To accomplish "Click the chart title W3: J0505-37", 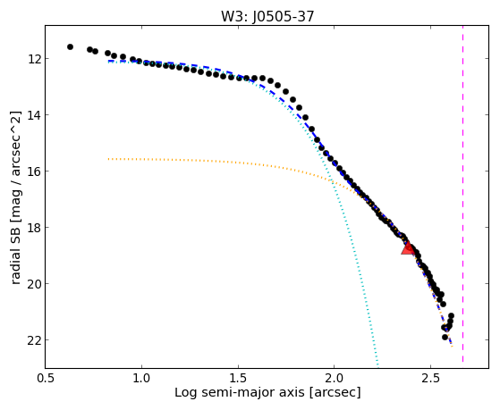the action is click(267, 16).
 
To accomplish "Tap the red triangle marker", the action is click(408, 248).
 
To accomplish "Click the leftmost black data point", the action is click(70, 46).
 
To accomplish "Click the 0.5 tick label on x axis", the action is click(46, 378).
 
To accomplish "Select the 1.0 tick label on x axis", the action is click(141, 378).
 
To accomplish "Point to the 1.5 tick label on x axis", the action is click(238, 378).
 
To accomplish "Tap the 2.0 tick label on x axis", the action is click(335, 378).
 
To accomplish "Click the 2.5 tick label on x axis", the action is click(430, 378).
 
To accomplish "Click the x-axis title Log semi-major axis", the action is click(240, 392).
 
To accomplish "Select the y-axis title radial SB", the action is click(16, 253).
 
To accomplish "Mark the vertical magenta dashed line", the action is click(462, 194).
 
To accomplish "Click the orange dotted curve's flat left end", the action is click(109, 159).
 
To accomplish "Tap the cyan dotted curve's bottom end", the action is click(377, 365).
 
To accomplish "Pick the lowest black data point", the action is click(445, 337).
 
